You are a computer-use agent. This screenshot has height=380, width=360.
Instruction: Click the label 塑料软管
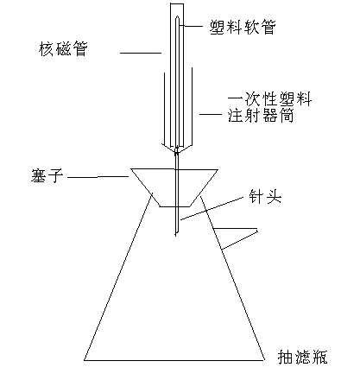pos(243,27)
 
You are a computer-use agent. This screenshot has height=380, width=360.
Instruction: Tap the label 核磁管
pos(63,49)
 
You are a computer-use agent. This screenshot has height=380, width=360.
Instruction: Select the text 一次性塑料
pos(269,99)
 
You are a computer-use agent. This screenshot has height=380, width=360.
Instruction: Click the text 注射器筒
pos(261,116)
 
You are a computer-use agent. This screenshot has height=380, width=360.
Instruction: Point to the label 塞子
pos(47,175)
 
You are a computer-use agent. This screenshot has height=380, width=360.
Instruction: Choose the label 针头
pos(265,197)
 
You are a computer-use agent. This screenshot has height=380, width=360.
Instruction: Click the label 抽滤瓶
pos(302,357)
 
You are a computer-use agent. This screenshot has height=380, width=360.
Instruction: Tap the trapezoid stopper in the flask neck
pos(174,187)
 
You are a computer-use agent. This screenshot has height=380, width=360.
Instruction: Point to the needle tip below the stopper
pos(176,236)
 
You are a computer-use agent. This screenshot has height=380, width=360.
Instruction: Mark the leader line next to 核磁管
pos(141,53)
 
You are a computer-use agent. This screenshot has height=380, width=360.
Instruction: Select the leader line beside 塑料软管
pos(192,26)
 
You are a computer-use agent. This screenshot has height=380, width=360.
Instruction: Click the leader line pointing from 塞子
pos(98,177)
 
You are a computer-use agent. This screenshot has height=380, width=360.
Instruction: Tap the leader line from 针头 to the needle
pos(212,209)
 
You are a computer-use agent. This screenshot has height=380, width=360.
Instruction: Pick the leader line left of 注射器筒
pos(211,115)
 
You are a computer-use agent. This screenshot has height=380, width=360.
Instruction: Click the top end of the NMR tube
pos(177,3)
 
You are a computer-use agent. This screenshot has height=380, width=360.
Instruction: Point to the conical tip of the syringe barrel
pos(177,148)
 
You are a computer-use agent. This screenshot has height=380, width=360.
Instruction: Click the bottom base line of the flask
pos(174,360)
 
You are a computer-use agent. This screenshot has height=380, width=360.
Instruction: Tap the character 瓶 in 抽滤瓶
pos(319,357)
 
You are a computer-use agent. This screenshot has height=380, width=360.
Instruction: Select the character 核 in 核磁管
pos(47,49)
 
